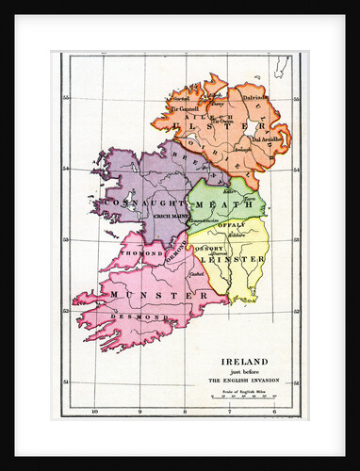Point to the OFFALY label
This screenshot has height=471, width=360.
coord(231,225)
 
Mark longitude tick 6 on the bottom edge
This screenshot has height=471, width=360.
coord(273,412)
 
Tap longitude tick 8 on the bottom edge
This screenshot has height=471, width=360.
coord(185,412)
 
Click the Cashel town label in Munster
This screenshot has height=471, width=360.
coord(195,274)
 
